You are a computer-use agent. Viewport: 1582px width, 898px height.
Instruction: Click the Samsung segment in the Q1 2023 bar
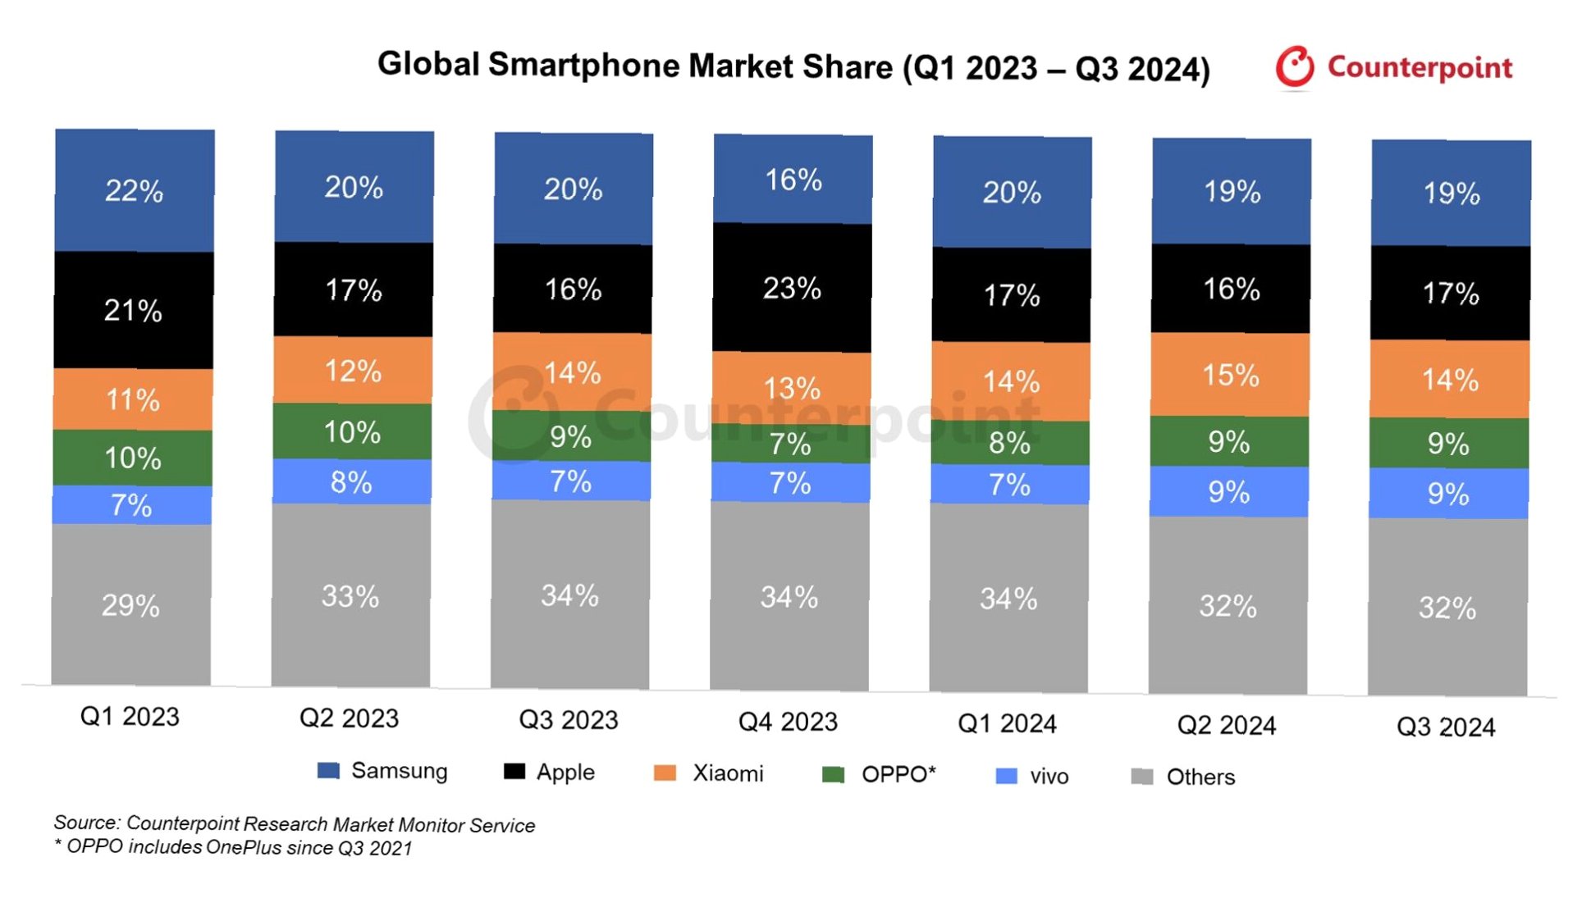[135, 190]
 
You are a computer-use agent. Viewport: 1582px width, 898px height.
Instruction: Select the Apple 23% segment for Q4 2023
[792, 288]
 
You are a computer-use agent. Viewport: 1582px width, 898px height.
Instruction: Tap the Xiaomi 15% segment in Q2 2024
[1230, 375]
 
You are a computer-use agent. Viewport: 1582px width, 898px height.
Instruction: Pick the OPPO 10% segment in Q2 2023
[352, 431]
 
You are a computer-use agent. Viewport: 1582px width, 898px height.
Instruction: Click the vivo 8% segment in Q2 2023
[351, 482]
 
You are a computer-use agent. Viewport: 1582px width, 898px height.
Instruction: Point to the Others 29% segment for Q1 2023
[130, 605]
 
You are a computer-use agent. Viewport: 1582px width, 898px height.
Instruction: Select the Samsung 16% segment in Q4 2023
[793, 180]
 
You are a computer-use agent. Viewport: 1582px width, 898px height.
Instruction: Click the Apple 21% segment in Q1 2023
[133, 310]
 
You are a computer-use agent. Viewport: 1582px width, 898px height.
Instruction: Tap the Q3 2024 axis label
[1446, 727]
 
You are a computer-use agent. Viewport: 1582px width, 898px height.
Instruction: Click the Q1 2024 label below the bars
[1007, 723]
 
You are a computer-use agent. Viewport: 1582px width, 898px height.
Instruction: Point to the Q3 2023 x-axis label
[569, 720]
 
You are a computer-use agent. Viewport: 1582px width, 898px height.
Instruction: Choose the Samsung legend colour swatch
[328, 771]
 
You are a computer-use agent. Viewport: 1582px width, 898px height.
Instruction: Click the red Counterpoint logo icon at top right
[1295, 66]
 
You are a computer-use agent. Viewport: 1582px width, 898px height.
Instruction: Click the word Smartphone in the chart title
[583, 65]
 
